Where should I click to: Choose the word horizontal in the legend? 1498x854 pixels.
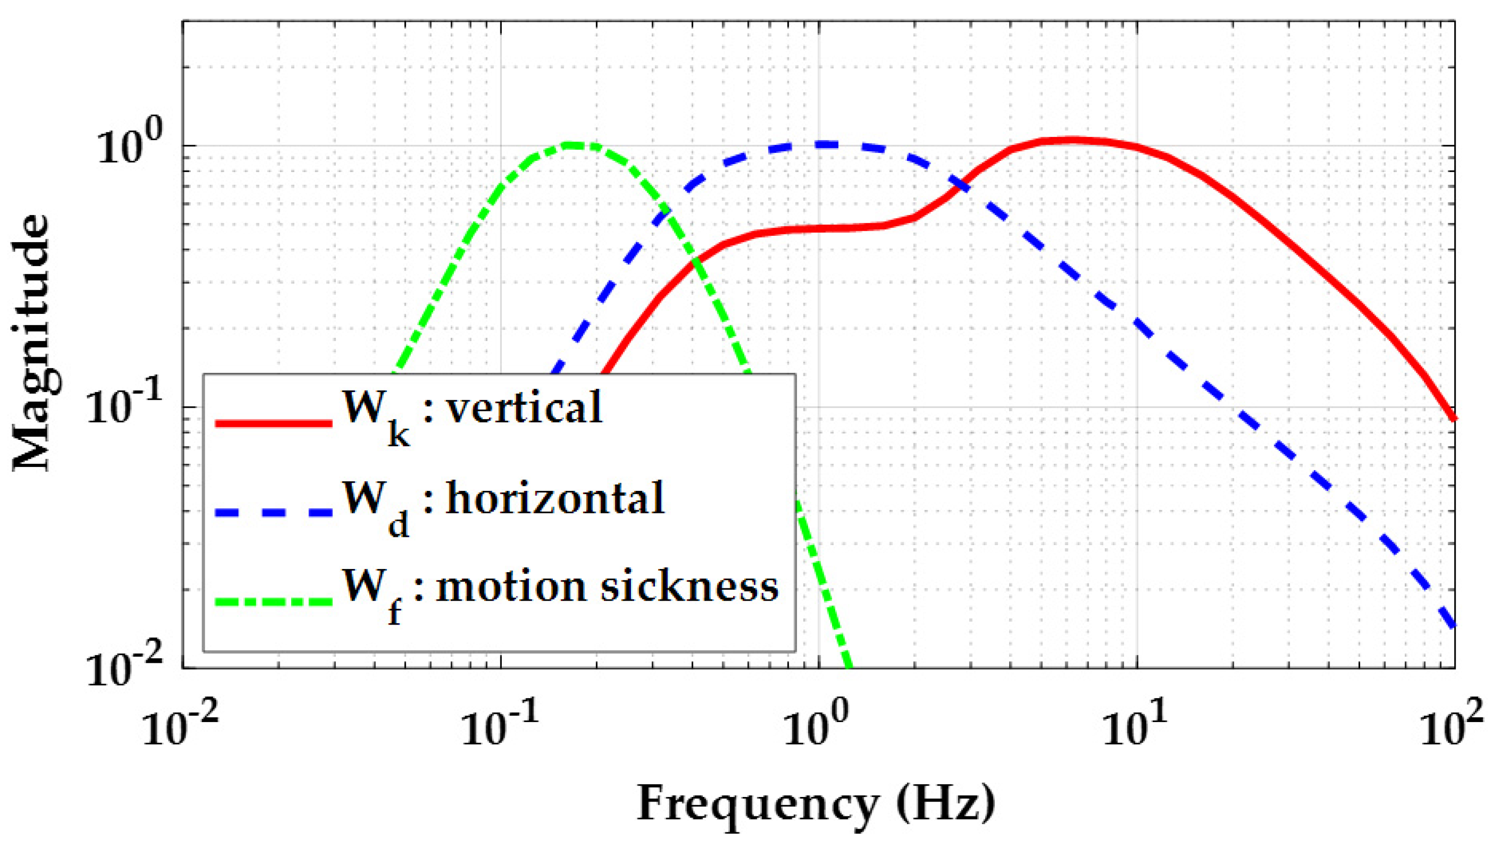(555, 499)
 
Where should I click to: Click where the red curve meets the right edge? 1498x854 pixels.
(1454, 418)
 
